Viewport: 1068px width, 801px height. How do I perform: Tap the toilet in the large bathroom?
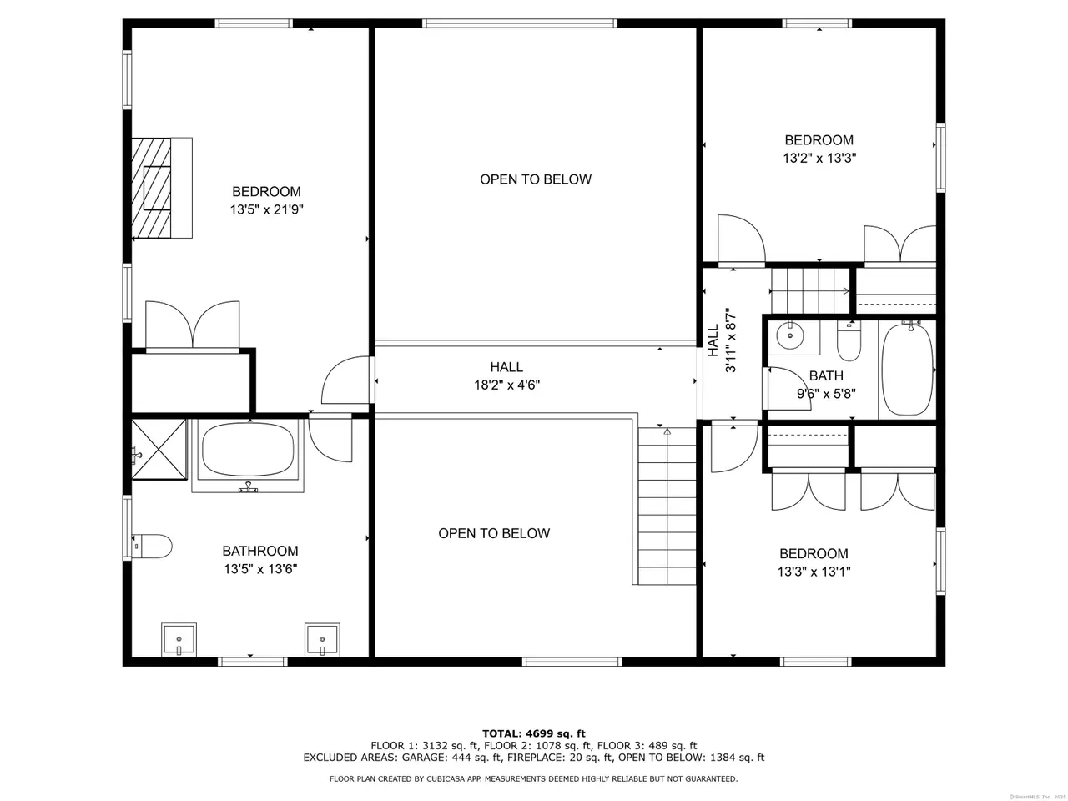[x=152, y=547]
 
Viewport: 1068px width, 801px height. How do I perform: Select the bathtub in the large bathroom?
[x=248, y=456]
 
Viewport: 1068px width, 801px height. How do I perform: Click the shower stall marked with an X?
[x=159, y=450]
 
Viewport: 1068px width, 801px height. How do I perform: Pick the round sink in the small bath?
[x=789, y=335]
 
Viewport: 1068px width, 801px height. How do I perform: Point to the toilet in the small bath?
[x=849, y=340]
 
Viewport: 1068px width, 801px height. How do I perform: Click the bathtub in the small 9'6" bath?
[x=908, y=370]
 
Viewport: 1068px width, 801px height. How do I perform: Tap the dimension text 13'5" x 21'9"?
[x=267, y=209]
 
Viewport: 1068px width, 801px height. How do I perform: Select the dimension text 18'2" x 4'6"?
[x=507, y=385]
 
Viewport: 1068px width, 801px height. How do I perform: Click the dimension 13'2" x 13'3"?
[x=819, y=158]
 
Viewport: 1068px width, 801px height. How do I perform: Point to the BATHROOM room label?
[x=260, y=551]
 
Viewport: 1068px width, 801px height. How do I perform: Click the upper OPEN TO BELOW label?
[x=536, y=179]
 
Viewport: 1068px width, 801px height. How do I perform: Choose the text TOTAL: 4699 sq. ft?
[x=534, y=733]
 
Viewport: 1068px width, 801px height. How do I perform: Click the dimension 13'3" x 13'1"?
[x=814, y=571]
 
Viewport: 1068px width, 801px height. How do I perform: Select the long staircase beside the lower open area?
[x=667, y=506]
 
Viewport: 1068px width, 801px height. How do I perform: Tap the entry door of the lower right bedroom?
[x=734, y=446]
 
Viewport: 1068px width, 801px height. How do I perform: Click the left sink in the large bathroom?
[x=179, y=639]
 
